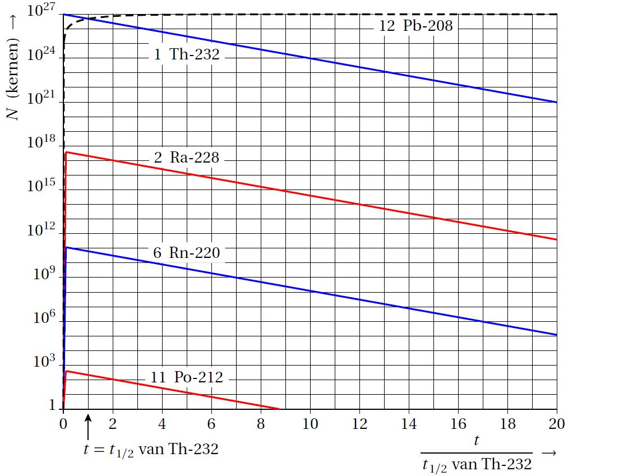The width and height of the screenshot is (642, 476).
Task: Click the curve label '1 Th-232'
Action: coord(187,55)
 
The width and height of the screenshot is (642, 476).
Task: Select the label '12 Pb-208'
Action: coord(415,25)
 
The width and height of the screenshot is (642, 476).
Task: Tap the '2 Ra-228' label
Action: coord(187,158)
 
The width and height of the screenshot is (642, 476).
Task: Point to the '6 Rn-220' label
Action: coord(187,253)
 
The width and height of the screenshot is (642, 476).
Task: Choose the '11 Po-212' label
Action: coord(187,378)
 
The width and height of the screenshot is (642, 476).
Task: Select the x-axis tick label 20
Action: coord(556,423)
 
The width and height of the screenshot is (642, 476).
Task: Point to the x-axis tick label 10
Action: coord(310,423)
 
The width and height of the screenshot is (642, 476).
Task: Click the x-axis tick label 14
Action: coord(408,423)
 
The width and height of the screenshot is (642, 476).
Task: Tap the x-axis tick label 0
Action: coord(63,423)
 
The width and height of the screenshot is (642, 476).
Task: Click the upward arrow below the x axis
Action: coord(88,428)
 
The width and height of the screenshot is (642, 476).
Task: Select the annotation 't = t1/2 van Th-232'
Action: coord(148,449)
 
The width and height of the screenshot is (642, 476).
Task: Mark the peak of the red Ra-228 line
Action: coord(66,152)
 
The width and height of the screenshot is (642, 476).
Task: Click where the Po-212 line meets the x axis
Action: coord(279,409)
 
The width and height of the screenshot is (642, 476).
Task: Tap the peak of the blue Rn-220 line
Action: coord(66,247)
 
